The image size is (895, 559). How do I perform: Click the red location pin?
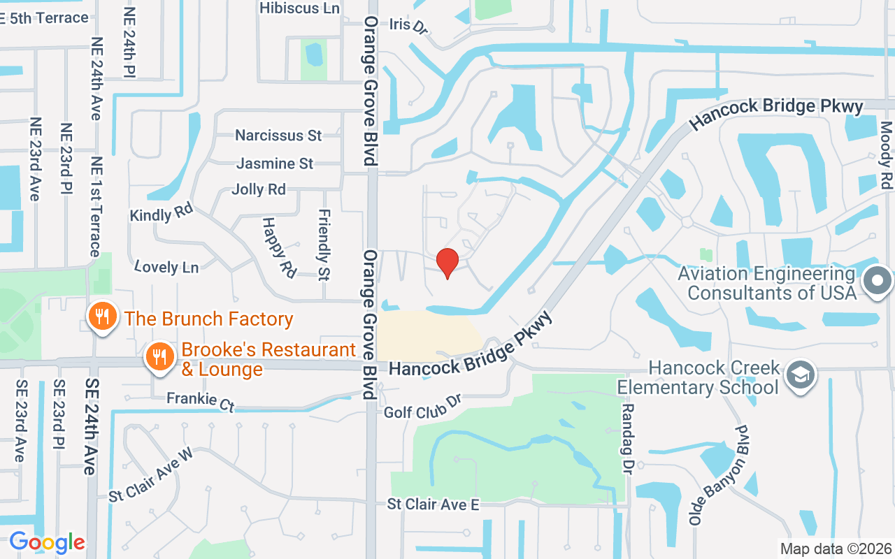pos(447,263)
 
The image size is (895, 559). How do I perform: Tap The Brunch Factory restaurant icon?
pos(103,317)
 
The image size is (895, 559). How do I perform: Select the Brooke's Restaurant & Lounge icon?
pos(160,357)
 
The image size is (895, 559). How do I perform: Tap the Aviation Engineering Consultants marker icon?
pos(878,282)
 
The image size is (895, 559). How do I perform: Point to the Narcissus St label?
pos(278,135)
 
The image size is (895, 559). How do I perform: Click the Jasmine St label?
pos(275,164)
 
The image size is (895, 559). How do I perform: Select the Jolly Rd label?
pos(259,189)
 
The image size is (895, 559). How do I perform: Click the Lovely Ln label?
pos(166,266)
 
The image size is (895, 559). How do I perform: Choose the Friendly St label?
pos(324,244)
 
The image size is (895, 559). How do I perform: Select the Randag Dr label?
pos(627,439)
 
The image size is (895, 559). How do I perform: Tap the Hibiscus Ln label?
pos(299,8)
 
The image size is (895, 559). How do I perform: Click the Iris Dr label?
pos(408,25)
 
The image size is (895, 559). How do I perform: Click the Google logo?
pos(47,542)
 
